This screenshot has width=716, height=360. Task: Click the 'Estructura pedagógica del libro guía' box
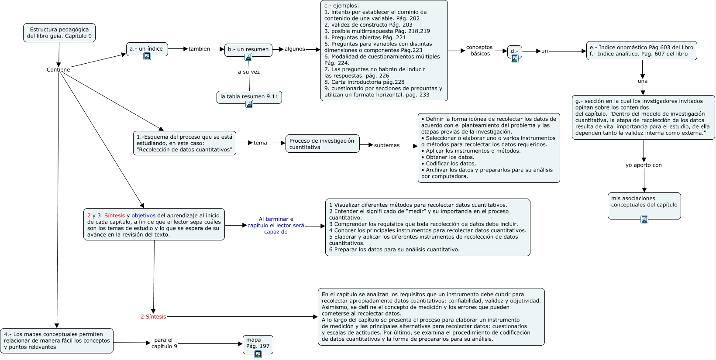click(59, 33)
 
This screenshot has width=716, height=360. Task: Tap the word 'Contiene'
click(58, 70)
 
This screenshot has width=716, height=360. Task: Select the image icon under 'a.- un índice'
click(147, 56)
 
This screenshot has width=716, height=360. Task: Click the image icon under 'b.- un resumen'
click(248, 57)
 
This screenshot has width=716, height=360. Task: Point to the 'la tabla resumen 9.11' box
click(249, 97)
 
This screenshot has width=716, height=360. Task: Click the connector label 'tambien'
click(199, 49)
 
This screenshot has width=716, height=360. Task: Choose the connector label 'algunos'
click(295, 49)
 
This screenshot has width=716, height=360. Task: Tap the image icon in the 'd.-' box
click(515, 58)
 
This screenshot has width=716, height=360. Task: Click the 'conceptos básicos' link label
click(480, 51)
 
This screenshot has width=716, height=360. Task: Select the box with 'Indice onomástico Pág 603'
click(641, 51)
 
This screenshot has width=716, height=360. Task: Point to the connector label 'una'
click(643, 81)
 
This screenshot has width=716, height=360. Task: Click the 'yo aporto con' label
click(644, 165)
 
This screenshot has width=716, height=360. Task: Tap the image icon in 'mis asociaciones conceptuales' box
click(644, 219)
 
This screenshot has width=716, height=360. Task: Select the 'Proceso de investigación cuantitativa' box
click(322, 144)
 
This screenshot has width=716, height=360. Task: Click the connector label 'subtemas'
click(386, 145)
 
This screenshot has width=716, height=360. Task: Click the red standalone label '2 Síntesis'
click(153, 317)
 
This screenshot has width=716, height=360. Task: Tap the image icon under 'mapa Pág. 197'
click(258, 354)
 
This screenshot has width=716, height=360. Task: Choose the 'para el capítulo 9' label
click(164, 343)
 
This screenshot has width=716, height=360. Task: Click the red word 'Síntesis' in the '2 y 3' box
click(114, 216)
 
